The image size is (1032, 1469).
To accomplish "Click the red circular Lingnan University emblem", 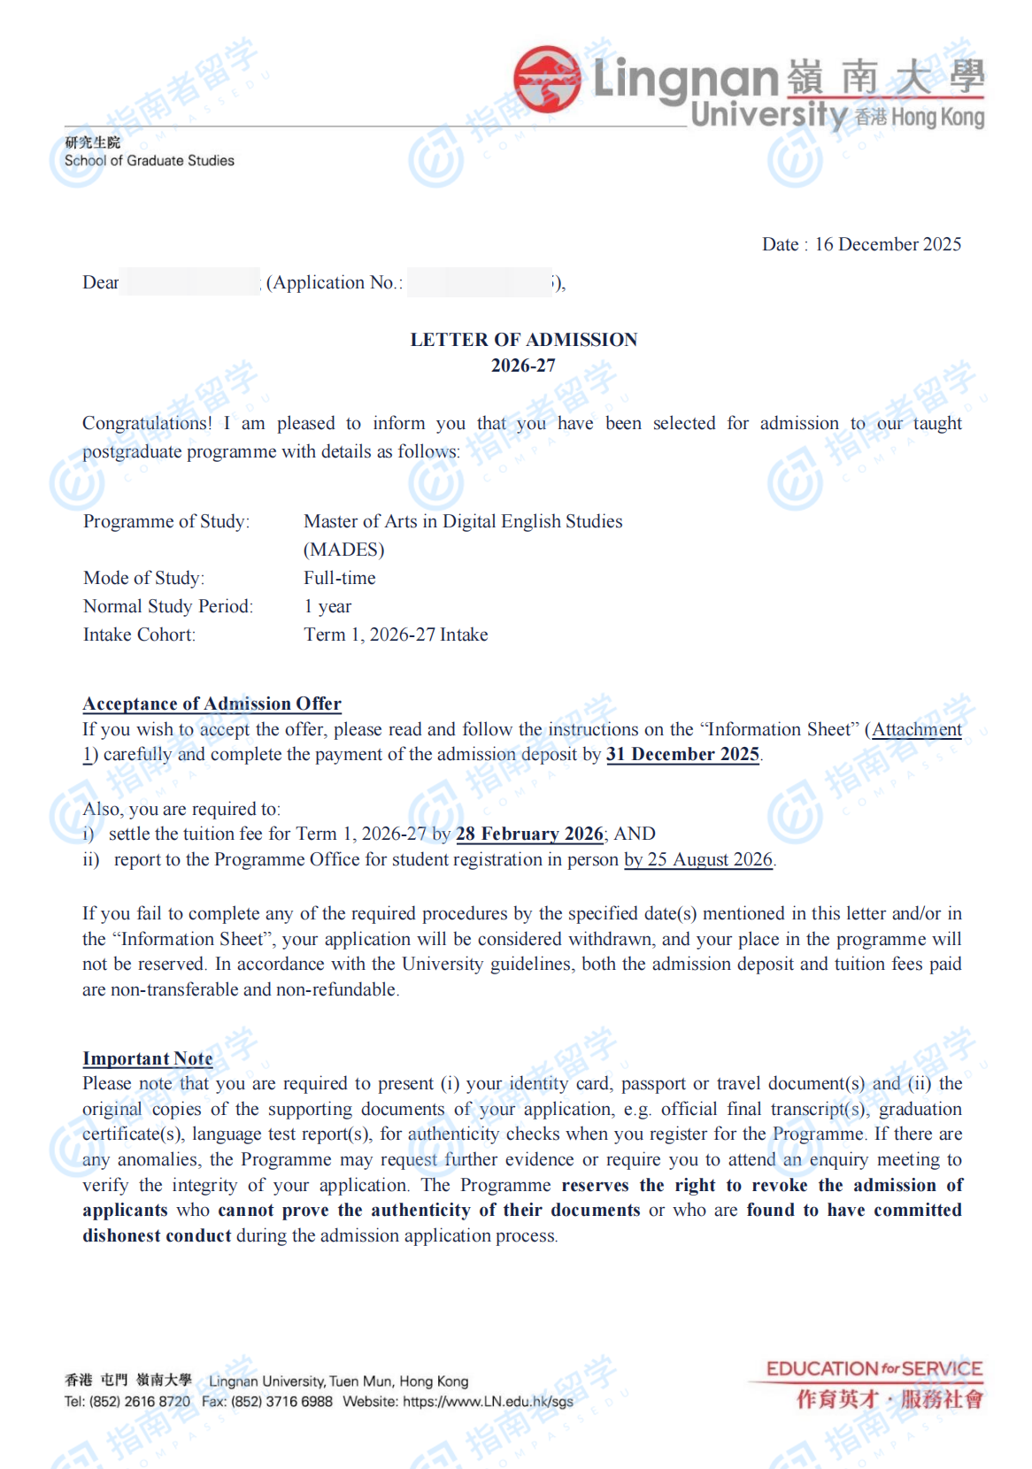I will click(x=547, y=80).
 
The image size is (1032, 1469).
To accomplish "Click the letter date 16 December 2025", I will click(x=888, y=244).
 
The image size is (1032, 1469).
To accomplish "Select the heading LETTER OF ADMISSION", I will click(x=523, y=340).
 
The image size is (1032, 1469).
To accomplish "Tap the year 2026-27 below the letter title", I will click(x=523, y=365).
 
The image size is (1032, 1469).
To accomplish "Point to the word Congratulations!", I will click(x=147, y=423).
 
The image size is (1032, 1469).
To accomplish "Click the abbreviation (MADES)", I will click(x=344, y=550).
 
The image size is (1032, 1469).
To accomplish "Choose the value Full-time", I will click(x=340, y=578).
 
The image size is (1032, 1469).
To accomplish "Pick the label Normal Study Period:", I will click(x=168, y=606).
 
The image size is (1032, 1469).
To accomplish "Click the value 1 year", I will click(x=327, y=606).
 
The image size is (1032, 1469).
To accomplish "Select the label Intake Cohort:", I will click(x=140, y=635).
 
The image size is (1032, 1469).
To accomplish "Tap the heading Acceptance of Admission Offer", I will click(x=212, y=704).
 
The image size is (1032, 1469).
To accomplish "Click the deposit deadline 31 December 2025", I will click(x=682, y=754).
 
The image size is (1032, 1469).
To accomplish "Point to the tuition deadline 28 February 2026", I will click(x=529, y=834).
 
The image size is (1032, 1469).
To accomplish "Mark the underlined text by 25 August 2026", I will click(x=698, y=859).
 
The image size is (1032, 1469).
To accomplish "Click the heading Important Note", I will click(x=148, y=1058).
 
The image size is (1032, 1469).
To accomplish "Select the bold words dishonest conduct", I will click(x=157, y=1235).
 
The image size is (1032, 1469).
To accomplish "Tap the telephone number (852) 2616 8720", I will click(x=140, y=1402).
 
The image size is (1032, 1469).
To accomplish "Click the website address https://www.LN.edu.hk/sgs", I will click(x=488, y=1402).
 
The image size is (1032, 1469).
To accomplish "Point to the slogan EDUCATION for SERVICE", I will click(x=874, y=1369).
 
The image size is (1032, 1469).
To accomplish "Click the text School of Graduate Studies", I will click(x=150, y=160).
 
